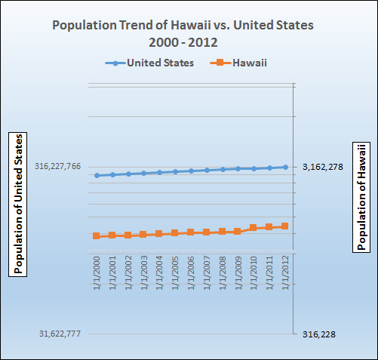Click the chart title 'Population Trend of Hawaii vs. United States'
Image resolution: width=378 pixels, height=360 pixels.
pos(182,26)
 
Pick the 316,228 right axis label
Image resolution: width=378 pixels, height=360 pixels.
pos(321,334)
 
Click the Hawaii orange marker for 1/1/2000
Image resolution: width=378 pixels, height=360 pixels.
pos(97,236)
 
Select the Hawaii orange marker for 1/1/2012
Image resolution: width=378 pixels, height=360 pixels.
pos(285,226)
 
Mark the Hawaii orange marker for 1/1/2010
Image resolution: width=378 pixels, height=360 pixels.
pos(254,227)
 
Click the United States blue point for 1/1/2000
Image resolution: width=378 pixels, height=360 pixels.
pos(97,175)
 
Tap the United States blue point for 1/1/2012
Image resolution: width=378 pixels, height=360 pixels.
pos(285,167)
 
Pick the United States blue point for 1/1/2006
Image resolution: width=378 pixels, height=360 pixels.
pos(191,171)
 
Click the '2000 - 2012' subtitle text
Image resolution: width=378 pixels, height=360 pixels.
pos(182,43)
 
